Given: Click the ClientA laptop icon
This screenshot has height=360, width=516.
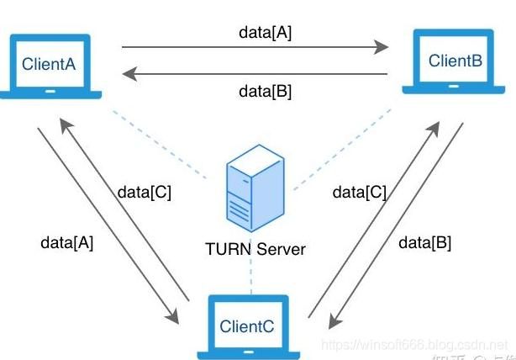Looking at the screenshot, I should click(x=51, y=66).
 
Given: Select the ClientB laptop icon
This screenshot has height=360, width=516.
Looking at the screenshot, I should click(x=455, y=63).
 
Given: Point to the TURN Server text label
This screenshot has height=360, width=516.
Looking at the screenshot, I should click(x=255, y=249).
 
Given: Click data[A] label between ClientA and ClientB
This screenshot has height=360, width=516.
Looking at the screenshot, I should click(x=265, y=34).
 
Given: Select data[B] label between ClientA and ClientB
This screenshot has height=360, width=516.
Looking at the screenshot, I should click(x=265, y=92).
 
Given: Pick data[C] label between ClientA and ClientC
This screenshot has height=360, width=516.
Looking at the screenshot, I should click(x=145, y=192).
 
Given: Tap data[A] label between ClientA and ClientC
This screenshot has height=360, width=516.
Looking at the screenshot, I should click(x=67, y=243).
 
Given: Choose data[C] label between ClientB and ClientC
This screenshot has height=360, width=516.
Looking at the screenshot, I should click(x=360, y=192).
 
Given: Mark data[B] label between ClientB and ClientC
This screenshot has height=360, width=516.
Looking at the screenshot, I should click(x=424, y=243).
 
